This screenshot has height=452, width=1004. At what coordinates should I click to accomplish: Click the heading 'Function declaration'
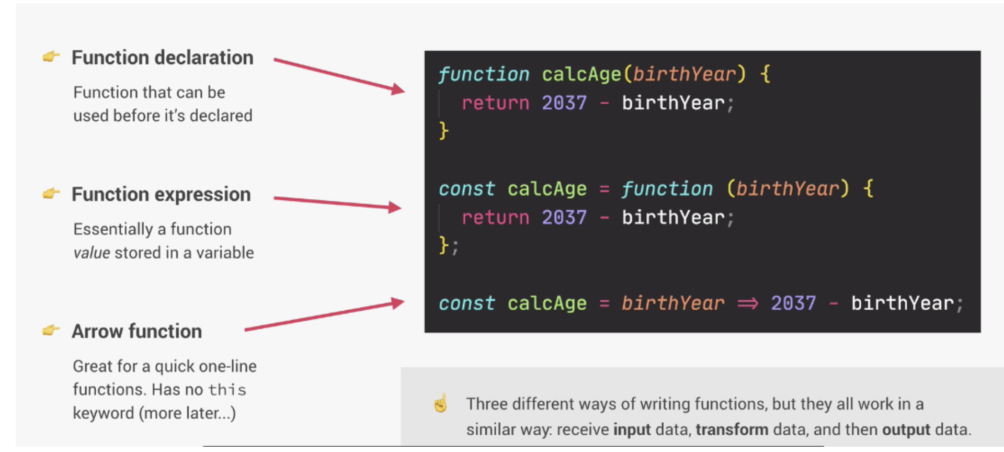pyautogui.click(x=162, y=58)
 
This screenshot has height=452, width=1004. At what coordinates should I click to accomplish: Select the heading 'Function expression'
pyautogui.click(x=161, y=195)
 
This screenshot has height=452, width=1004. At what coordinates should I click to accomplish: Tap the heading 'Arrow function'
pyautogui.click(x=136, y=332)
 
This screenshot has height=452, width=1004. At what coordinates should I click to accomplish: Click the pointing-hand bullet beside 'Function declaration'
pyautogui.click(x=51, y=56)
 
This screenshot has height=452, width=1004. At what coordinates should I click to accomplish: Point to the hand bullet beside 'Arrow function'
pyautogui.click(x=51, y=331)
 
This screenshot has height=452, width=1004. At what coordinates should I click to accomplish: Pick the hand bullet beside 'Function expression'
pyautogui.click(x=51, y=194)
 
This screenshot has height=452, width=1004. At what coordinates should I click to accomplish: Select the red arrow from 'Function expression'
pyautogui.click(x=337, y=203)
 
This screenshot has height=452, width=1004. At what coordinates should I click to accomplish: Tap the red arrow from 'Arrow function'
pyautogui.click(x=324, y=315)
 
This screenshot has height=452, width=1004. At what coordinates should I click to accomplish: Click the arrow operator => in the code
pyautogui.click(x=747, y=303)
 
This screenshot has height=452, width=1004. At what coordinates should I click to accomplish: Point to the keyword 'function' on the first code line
pyautogui.click(x=484, y=74)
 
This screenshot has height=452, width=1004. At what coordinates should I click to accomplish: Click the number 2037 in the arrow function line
pyautogui.click(x=793, y=303)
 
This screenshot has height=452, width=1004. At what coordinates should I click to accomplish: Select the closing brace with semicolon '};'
pyautogui.click(x=448, y=245)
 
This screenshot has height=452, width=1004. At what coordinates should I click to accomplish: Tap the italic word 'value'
pyautogui.click(x=92, y=253)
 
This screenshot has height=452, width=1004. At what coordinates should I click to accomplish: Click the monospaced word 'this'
pyautogui.click(x=227, y=390)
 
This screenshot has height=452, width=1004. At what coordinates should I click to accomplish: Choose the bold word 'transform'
pyautogui.click(x=732, y=430)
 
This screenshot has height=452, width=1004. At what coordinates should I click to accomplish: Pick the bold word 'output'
pyautogui.click(x=906, y=430)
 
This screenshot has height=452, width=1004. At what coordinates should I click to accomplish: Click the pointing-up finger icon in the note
pyautogui.click(x=441, y=403)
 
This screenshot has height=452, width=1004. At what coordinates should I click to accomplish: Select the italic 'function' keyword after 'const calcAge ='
pyautogui.click(x=667, y=189)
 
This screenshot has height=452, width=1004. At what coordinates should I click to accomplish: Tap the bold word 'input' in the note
pyautogui.click(x=632, y=430)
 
